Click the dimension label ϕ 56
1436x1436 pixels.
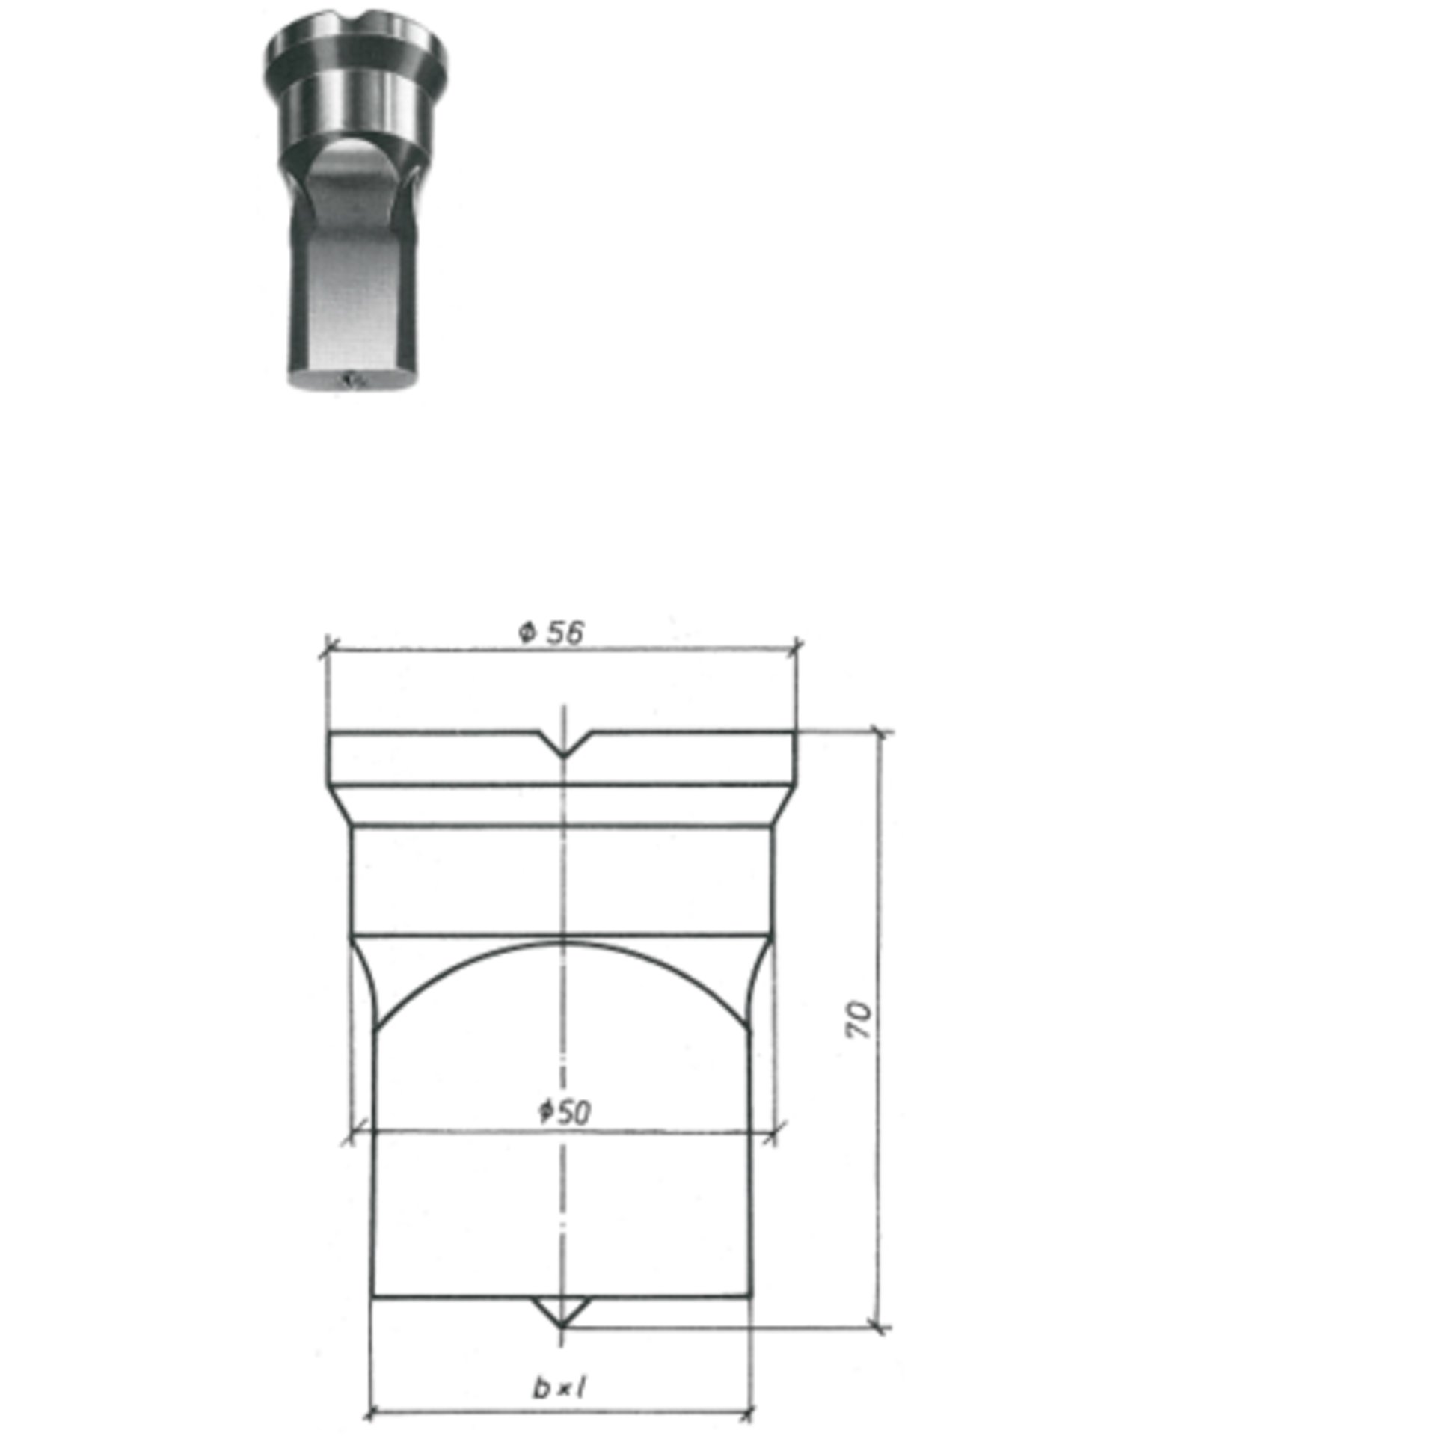tap(550, 633)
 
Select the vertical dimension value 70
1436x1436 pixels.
tap(859, 1020)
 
